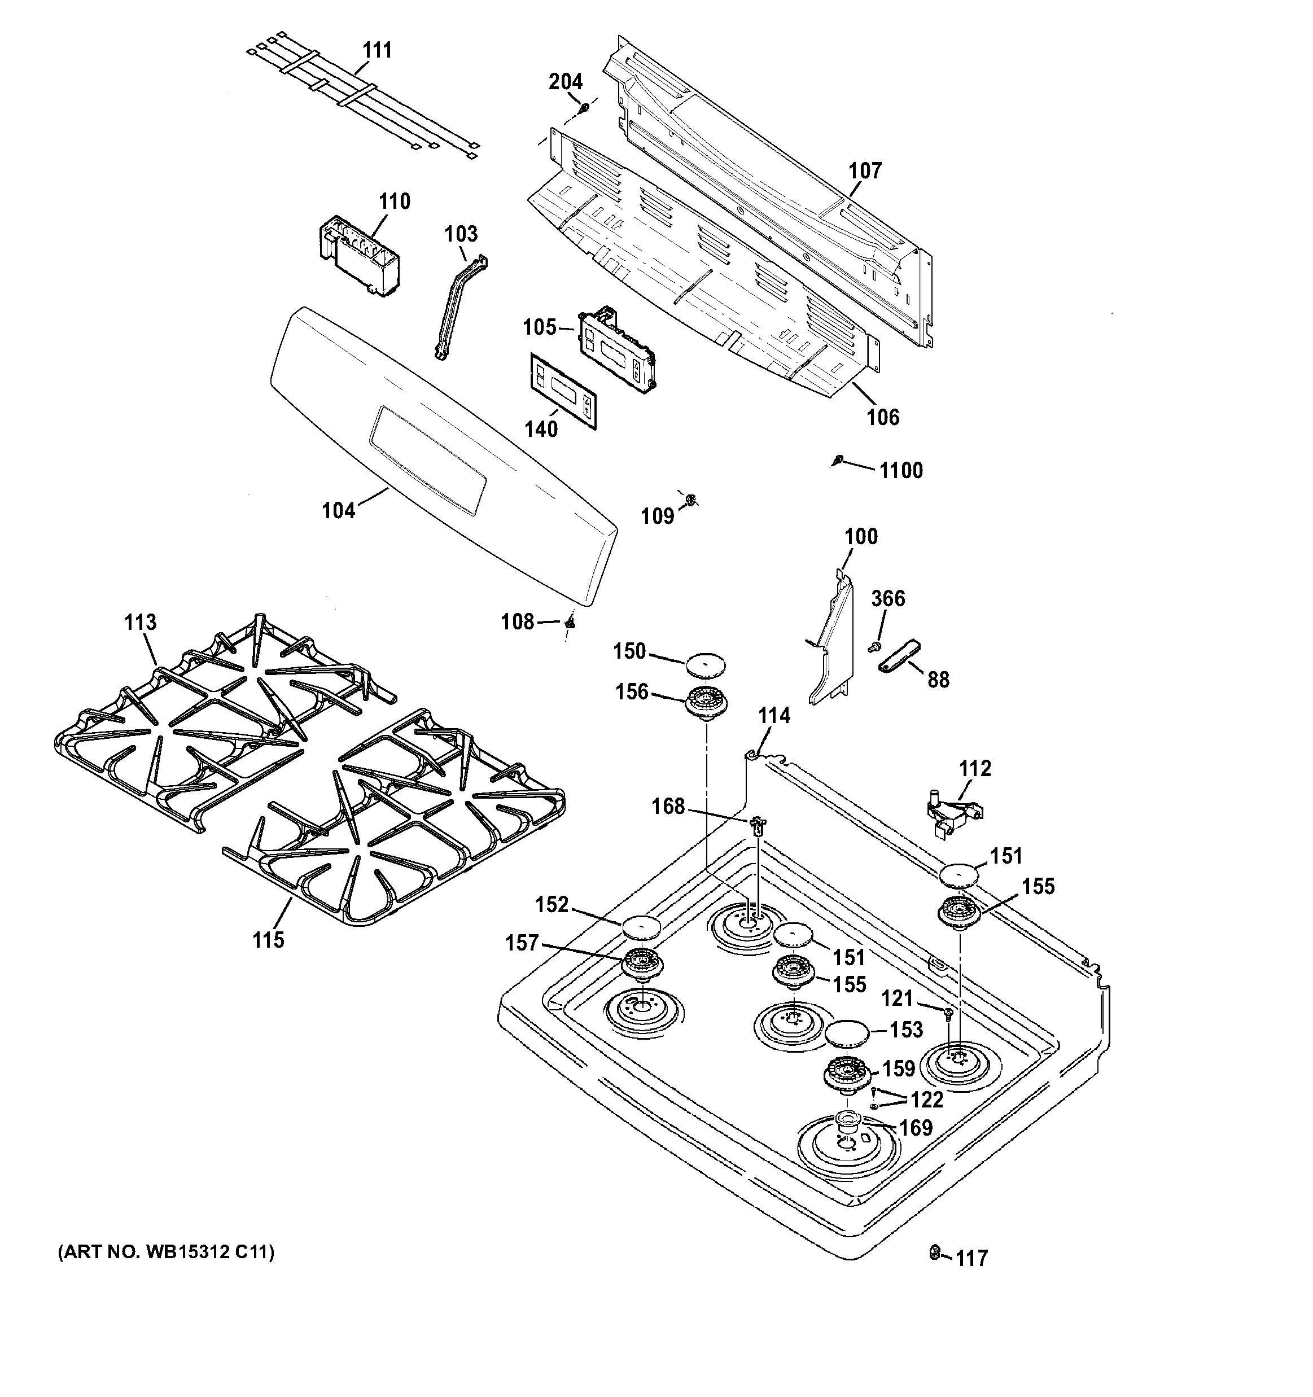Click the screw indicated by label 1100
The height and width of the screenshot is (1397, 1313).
(837, 460)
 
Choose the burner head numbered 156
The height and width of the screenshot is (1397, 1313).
(706, 702)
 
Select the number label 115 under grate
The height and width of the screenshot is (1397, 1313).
(269, 940)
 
